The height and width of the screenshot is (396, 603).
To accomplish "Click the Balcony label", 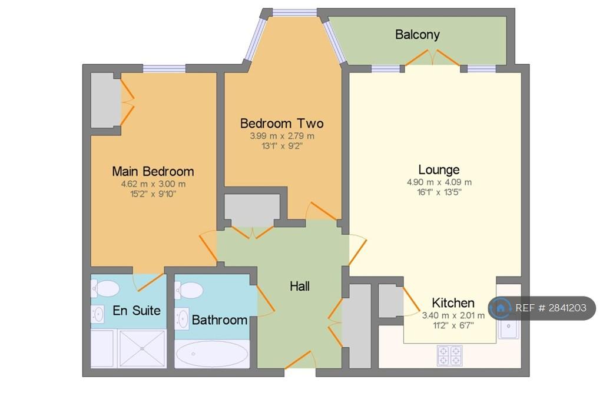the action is pos(418,35).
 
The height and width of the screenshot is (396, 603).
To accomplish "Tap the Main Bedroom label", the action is pos(153,171).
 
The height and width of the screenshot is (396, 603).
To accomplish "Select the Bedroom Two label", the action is pos(282,124).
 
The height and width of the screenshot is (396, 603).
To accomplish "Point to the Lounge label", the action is pos(439,170).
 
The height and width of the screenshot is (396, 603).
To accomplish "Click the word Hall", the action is pos(300,286).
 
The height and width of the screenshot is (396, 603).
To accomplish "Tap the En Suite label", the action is pos(137,310).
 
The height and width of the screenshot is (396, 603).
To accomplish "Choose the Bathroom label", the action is pos(220,320).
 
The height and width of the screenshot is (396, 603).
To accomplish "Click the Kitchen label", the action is pos(453,303).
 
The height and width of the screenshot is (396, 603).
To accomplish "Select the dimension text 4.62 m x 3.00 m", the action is pos(154,184).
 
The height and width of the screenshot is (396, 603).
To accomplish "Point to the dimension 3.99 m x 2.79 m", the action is pos(282,136).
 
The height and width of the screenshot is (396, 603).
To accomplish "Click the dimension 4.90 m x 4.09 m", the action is pos(439,182).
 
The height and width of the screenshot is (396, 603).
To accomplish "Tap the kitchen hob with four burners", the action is pos(449,355).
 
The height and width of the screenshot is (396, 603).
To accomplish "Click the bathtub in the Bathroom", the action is pos(212,354).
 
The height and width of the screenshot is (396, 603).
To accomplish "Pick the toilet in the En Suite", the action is pos(105,289).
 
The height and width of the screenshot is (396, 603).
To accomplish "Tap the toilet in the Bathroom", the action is pos(188,290).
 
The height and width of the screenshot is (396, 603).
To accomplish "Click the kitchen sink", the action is pos(508,327).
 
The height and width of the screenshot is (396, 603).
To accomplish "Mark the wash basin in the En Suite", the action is pos(98,314).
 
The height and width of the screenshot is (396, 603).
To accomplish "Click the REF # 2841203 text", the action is pos(551,308).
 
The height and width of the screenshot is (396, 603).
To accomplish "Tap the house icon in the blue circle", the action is pos(501,308).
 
